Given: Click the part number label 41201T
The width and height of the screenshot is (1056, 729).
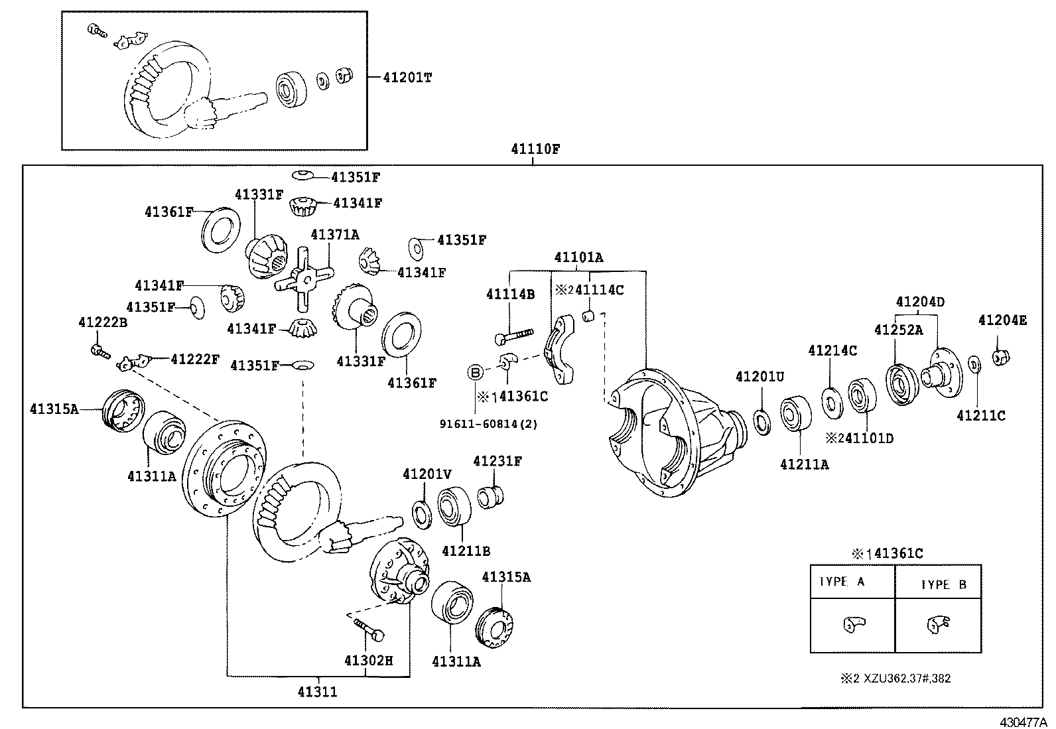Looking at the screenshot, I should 407,78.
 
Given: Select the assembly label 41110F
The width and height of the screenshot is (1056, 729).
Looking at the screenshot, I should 535,149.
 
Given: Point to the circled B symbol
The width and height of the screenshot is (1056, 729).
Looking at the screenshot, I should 475,372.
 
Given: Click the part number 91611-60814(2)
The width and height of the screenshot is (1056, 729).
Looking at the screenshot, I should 488,424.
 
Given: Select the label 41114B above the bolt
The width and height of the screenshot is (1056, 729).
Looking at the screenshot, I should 510,294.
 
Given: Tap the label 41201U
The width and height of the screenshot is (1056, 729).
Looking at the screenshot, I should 759,377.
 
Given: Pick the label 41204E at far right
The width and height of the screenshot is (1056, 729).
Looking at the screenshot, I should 1002,320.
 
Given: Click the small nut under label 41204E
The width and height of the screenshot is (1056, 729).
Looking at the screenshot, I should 1000,358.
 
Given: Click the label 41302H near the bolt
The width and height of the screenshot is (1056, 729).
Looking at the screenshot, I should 368,661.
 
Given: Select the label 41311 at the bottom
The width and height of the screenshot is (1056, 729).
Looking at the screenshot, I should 316,692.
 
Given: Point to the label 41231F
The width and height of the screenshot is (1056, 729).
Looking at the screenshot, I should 497,460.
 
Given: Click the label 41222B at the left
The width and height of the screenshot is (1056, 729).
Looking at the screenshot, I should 102,322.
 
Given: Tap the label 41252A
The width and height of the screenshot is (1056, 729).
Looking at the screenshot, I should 898,330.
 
